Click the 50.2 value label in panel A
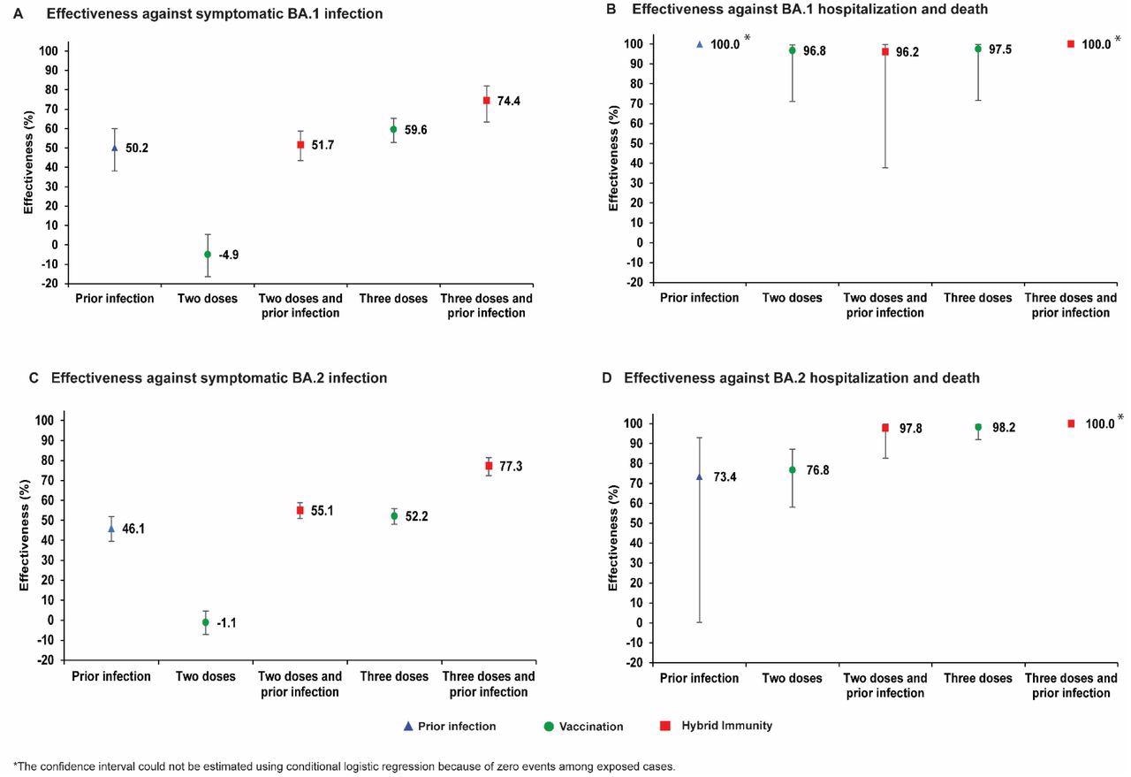(136, 149)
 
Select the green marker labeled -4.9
(208, 255)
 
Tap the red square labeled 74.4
(486, 101)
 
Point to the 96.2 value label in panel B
(907, 52)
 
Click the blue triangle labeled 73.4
(699, 476)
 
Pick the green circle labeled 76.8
(793, 470)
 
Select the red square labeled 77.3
(489, 466)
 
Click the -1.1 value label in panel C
(226, 623)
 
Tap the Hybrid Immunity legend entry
(726, 726)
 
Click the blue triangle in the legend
(407, 727)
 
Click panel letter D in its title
(607, 378)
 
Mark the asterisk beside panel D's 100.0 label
(1120, 418)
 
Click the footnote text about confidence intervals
(345, 766)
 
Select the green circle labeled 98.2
(978, 427)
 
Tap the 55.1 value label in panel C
(322, 511)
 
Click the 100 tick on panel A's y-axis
(49, 51)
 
